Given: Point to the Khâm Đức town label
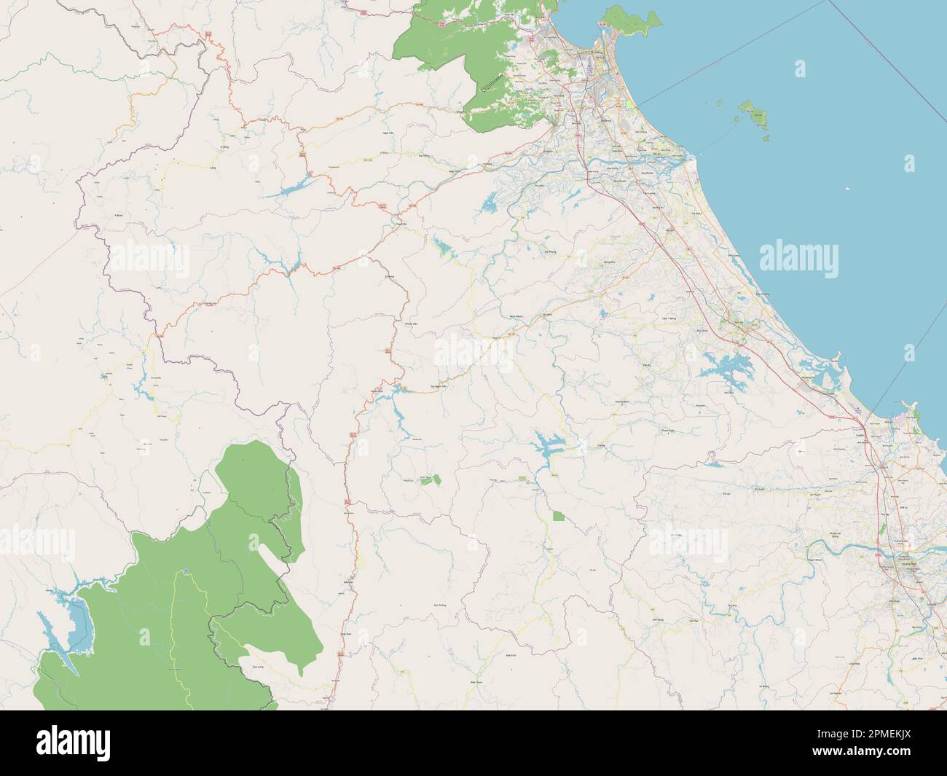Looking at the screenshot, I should [398, 389].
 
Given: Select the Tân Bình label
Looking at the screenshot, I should [546, 316].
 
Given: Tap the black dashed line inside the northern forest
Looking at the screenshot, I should [503, 81].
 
